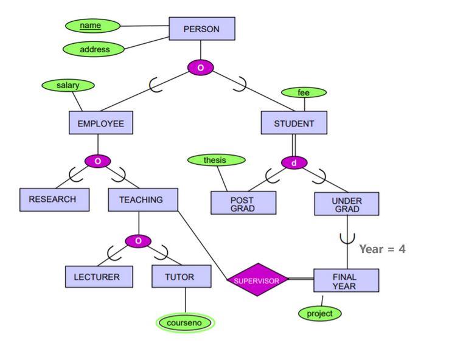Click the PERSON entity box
coord(201,29)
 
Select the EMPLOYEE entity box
coord(100,123)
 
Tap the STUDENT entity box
coord(294,123)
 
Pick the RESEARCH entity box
coord(54,199)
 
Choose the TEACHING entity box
coord(143,199)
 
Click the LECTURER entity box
coord(99,277)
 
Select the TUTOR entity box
coord(181,277)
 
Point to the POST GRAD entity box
coord(243,203)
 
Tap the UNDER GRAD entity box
coord(346,204)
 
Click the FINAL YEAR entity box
coord(346,280)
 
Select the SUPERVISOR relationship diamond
coord(257,280)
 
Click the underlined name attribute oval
coord(91,26)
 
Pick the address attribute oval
coord(94,49)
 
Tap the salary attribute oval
coord(68,86)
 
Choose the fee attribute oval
coord(304,92)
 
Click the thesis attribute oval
coord(215,160)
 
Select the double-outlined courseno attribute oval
coord(185,323)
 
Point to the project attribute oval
coord(320,313)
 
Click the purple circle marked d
coord(294,163)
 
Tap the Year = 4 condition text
coord(382,249)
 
